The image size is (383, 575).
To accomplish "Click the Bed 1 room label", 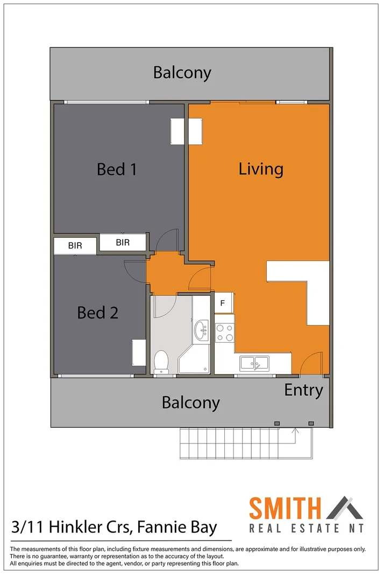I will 117,169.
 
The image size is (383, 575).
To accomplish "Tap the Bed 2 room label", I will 97,313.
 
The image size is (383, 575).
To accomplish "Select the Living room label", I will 261,169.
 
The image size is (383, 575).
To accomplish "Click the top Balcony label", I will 182,73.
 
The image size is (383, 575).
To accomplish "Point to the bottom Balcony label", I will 190,403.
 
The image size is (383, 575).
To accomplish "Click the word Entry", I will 303,390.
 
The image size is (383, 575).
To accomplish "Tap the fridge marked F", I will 223,303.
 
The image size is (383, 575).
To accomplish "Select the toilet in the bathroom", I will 161,362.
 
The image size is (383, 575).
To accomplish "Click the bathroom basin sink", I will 202,330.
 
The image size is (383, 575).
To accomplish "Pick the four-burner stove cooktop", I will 224,332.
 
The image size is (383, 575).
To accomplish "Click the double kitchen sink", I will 255,363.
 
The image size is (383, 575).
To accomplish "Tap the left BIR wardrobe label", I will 75,246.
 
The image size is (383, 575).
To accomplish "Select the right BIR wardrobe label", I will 123,243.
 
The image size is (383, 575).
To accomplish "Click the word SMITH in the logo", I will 285,509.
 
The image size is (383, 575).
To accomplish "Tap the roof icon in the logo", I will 345,508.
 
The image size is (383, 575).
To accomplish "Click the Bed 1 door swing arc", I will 166,239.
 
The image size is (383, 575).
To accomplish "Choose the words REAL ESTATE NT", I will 306,528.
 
